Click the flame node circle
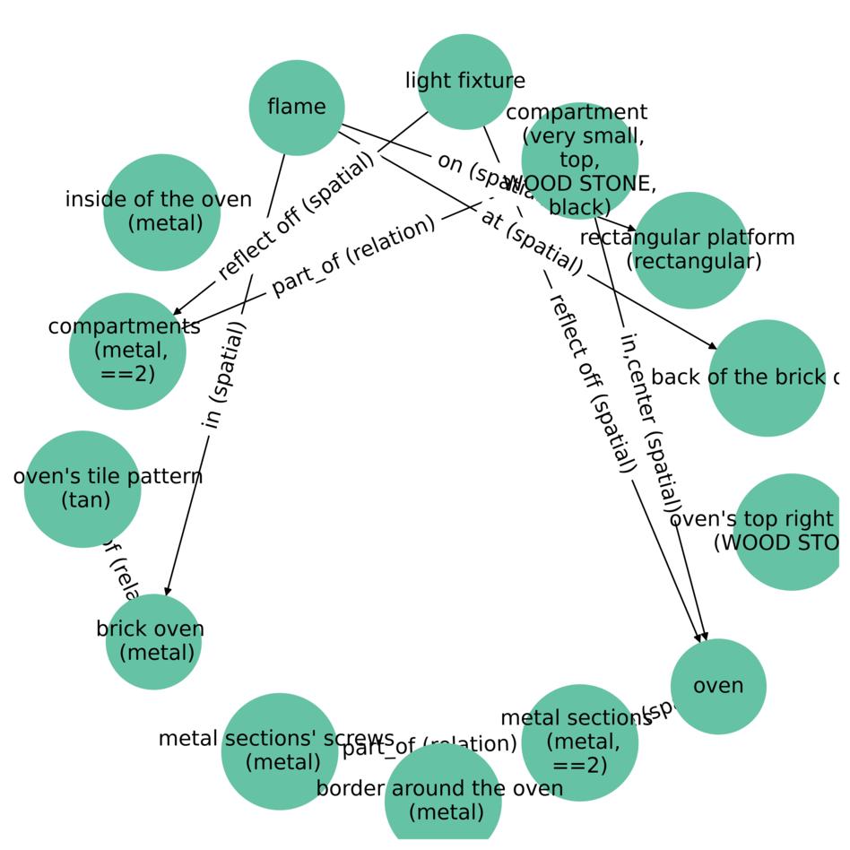click(297, 108)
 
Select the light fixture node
click(465, 82)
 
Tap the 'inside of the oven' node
click(161, 212)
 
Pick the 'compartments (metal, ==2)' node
click(127, 351)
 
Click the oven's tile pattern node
click(82, 489)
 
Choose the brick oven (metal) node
click(153, 641)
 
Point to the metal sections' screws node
click(280, 751)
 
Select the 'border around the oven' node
click(443, 801)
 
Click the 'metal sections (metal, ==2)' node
click(579, 742)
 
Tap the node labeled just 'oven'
click(718, 686)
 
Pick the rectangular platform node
click(690, 250)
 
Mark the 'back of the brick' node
click(767, 377)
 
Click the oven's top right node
click(791, 532)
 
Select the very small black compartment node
click(579, 161)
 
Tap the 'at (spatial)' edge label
click(533, 243)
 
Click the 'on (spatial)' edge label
click(475, 171)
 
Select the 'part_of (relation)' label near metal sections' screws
click(429, 745)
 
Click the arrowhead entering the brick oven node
click(167, 590)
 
